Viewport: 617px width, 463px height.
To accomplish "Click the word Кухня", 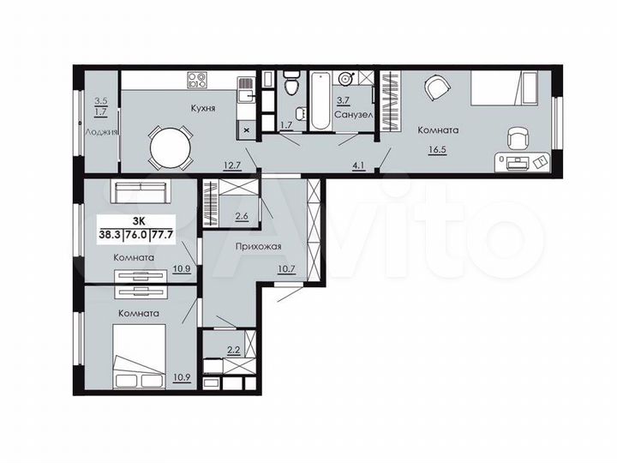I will (202, 109).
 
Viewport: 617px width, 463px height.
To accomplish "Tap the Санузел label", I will (351, 113).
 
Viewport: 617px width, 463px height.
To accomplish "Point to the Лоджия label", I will (101, 132).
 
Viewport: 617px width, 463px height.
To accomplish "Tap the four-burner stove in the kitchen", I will (198, 81).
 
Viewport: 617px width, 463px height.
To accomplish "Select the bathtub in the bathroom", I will (320, 100).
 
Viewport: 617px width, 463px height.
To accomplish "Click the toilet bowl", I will (291, 85).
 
